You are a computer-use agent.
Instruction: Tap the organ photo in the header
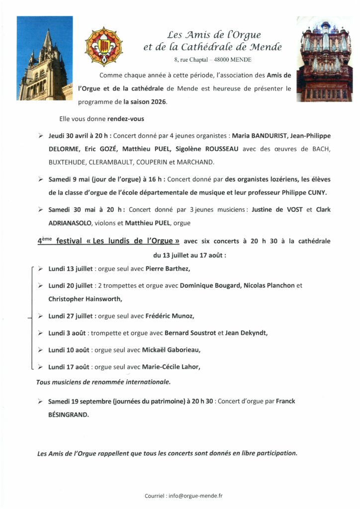[x=325, y=59]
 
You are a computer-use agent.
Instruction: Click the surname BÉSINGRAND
[x=69, y=413]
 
